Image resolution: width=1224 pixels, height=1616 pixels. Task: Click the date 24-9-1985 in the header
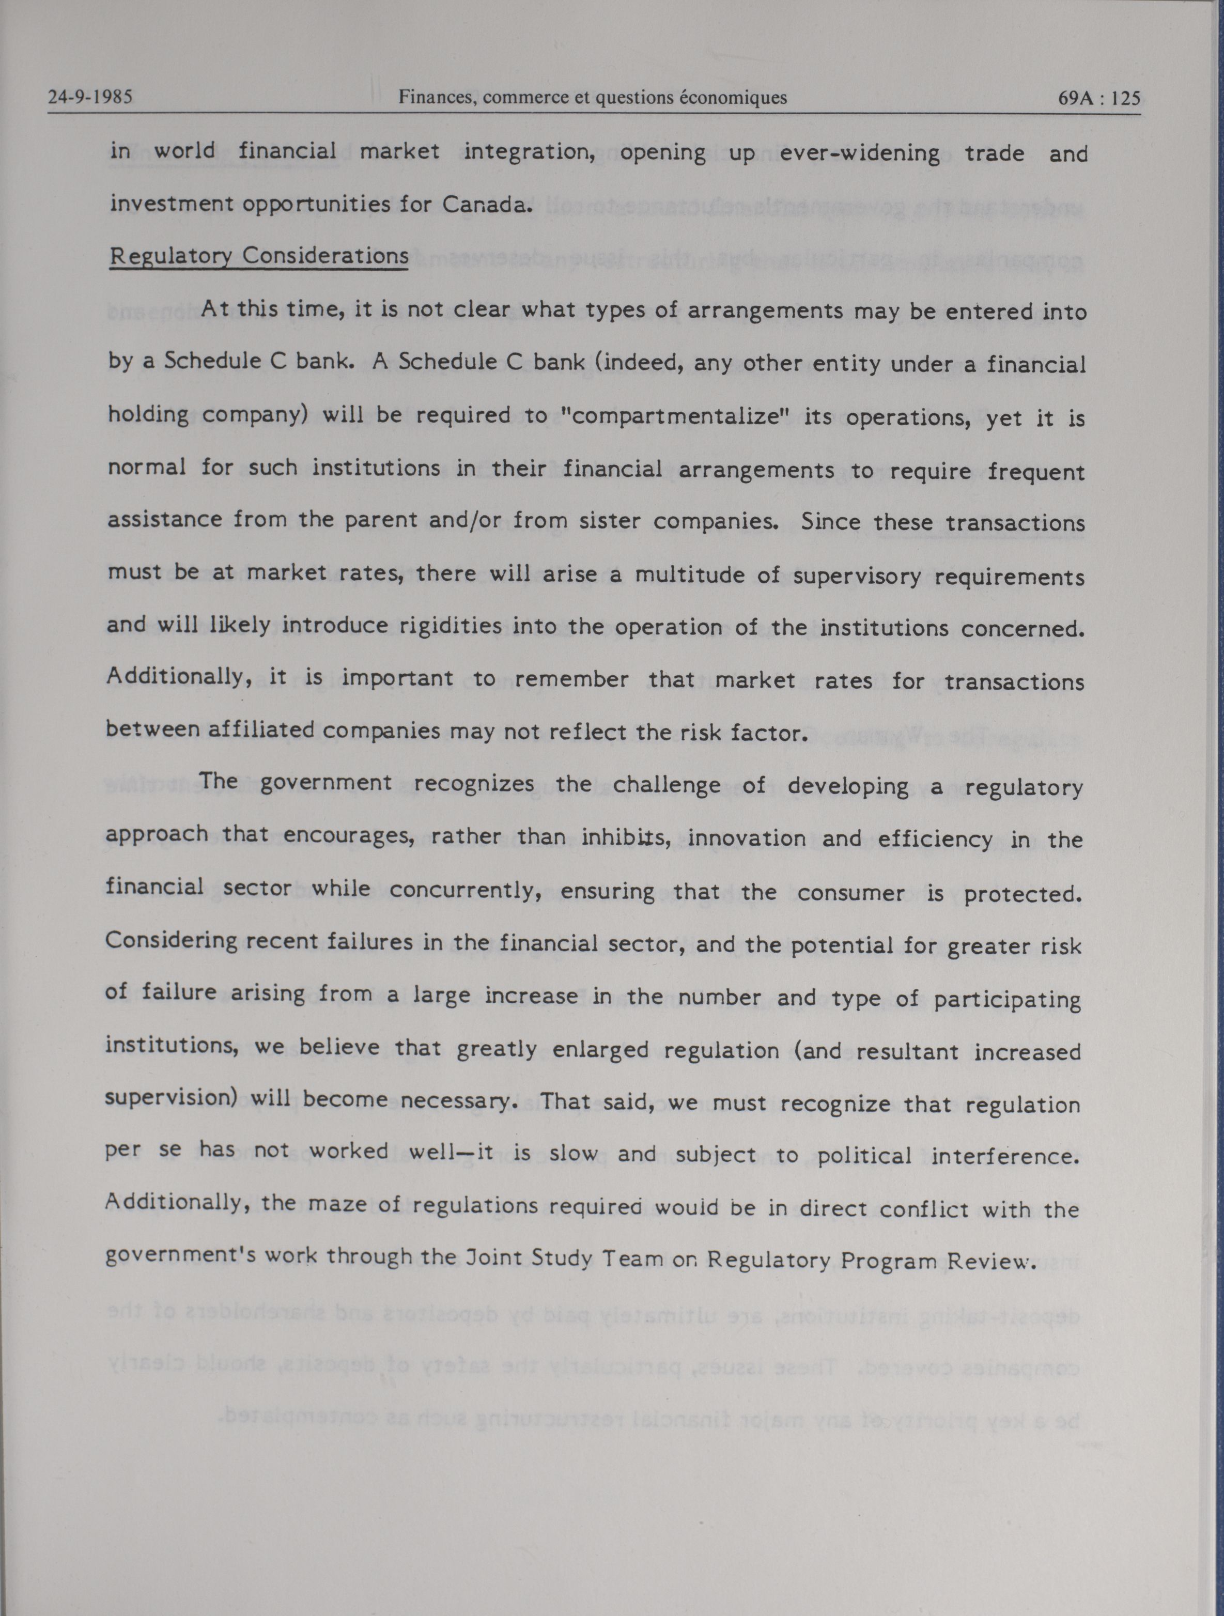coord(90,97)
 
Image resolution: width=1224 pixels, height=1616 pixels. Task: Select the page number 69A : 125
coord(1098,98)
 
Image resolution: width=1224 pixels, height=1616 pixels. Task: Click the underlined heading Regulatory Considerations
coord(259,256)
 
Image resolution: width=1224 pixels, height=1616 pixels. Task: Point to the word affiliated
coord(261,730)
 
